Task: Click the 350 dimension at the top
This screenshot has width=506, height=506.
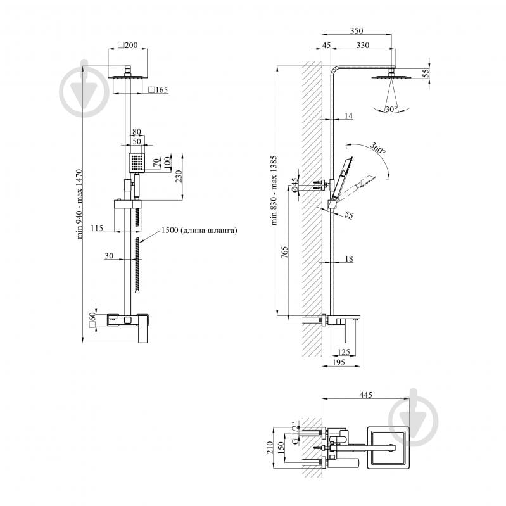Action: click(357, 30)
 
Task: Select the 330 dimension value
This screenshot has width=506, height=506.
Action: click(363, 45)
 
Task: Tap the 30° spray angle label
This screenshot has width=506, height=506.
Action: click(391, 110)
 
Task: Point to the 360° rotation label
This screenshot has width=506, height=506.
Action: click(377, 148)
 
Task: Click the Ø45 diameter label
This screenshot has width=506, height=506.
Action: click(294, 185)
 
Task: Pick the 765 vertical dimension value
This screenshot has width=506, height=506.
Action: click(284, 252)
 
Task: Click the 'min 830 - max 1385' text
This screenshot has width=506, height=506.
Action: click(274, 190)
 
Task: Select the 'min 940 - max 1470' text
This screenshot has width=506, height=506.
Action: click(79, 204)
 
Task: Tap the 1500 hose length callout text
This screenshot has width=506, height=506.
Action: click(199, 230)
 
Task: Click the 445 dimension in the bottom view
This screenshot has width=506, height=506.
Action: click(365, 395)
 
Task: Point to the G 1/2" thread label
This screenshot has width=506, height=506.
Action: click(294, 433)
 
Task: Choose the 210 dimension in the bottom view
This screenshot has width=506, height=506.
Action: click(270, 448)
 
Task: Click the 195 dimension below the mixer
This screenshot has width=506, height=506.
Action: click(339, 362)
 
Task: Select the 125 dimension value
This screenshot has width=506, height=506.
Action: click(343, 352)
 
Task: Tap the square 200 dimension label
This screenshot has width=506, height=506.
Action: click(128, 45)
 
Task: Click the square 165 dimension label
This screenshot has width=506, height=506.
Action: click(158, 90)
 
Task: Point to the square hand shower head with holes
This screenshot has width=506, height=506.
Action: click(137, 163)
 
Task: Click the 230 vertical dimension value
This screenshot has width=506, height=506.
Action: click(179, 176)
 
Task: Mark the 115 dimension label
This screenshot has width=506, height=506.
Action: click(97, 228)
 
